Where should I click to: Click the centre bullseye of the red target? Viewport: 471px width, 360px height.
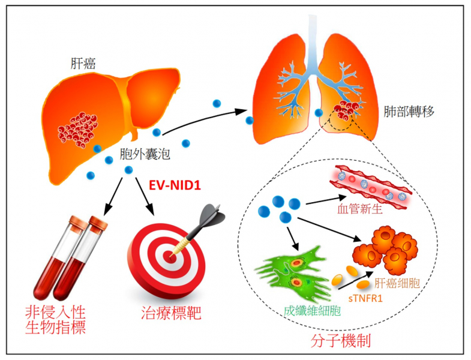coord(169,254)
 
